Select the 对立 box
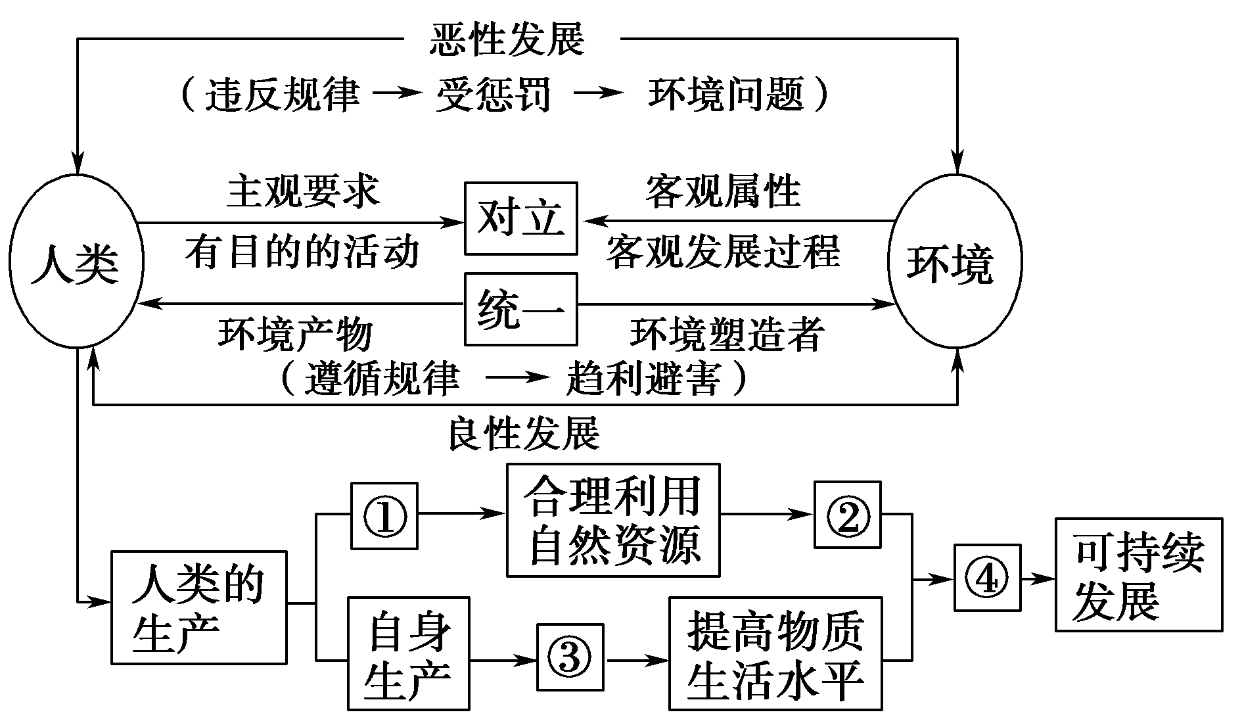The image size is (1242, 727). pyautogui.click(x=520, y=218)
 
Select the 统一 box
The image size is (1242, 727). pyautogui.click(x=520, y=309)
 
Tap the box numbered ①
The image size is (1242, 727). pyautogui.click(x=384, y=515)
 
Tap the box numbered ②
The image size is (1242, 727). pyautogui.click(x=848, y=515)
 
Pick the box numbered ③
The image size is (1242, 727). pyautogui.click(x=570, y=657)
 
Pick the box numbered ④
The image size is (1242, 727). pyautogui.click(x=987, y=578)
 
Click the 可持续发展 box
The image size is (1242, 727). pyautogui.click(x=1138, y=575)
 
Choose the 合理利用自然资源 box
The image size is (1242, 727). pyautogui.click(x=613, y=520)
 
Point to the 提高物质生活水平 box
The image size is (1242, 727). pyautogui.click(x=775, y=653)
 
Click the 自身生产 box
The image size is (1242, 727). pyautogui.click(x=408, y=653)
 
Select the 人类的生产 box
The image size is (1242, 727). pyautogui.click(x=198, y=607)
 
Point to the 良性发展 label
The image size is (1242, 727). pyautogui.click(x=524, y=433)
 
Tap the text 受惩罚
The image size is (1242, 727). pyautogui.click(x=494, y=95)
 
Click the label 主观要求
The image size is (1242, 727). pyautogui.click(x=303, y=191)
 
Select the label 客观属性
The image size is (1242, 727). pyautogui.click(x=723, y=191)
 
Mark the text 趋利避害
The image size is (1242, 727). pyautogui.click(x=643, y=378)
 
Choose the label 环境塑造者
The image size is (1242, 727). pyautogui.click(x=727, y=333)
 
